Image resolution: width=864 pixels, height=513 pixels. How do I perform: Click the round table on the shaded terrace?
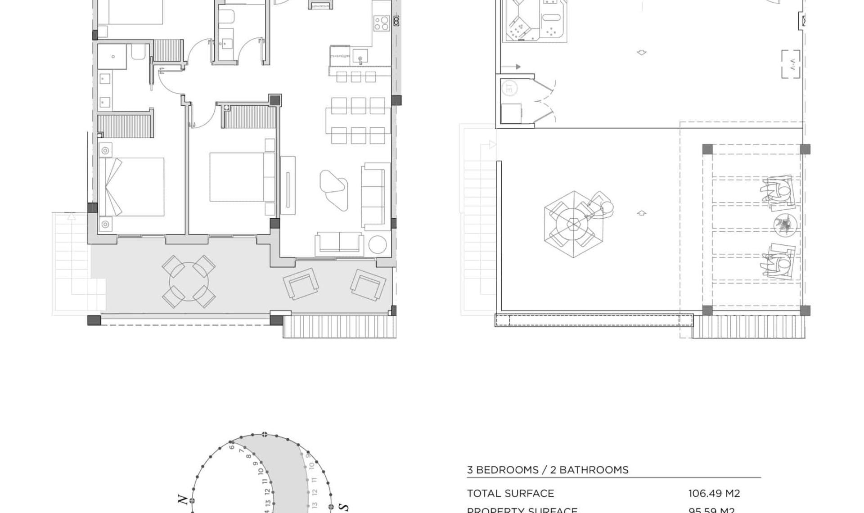click(189, 282)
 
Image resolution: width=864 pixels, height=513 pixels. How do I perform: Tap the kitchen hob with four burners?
click(381, 23)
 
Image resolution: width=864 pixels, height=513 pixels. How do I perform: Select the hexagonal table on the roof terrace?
click(573, 224)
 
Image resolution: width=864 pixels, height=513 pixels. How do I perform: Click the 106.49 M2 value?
click(714, 493)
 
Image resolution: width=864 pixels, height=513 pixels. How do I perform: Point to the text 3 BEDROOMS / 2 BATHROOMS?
click(548, 470)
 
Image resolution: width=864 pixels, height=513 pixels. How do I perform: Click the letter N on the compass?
click(182, 499)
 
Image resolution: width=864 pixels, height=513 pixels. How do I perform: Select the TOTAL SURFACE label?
click(510, 493)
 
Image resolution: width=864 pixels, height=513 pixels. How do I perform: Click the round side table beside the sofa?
click(378, 245)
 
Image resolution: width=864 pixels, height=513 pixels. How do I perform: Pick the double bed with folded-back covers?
click(131, 187)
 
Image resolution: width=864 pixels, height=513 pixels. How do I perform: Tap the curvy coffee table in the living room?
click(334, 189)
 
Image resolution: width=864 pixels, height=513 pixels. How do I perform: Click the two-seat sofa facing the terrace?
click(339, 243)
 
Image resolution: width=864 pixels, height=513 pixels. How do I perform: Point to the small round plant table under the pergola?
click(785, 224)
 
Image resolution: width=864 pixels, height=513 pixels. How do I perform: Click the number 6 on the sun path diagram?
click(232, 446)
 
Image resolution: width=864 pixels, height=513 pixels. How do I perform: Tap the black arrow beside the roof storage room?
click(517, 67)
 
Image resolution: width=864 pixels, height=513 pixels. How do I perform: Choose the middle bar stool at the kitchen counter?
click(356, 77)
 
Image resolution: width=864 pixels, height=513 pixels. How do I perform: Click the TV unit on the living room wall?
click(288, 185)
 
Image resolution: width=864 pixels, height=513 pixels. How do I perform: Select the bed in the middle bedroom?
click(237, 177)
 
